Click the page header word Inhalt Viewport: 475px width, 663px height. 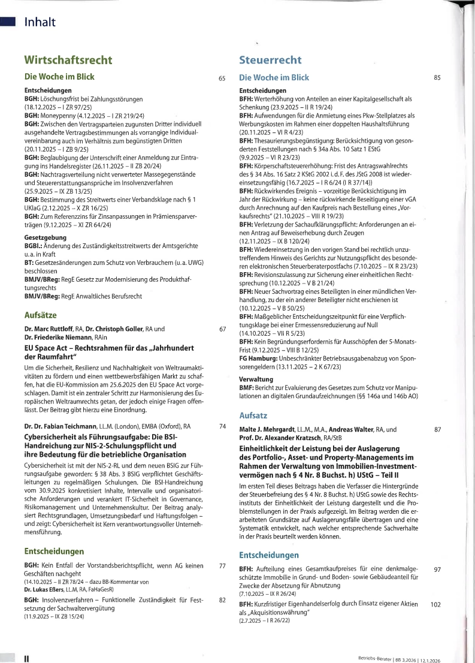coord(40,23)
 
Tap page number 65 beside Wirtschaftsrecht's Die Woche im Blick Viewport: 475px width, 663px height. coord(222,78)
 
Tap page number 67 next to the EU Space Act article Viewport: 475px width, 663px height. coord(222,329)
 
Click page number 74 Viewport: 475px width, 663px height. coord(222,426)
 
